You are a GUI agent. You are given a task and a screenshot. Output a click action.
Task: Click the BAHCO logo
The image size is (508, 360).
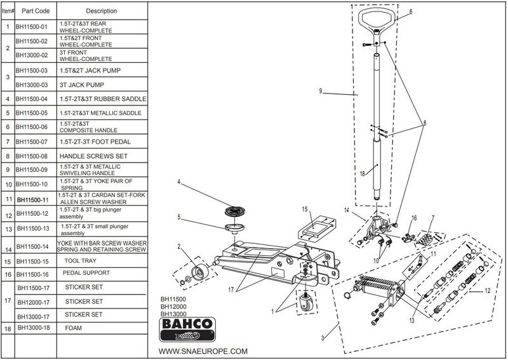[187, 330]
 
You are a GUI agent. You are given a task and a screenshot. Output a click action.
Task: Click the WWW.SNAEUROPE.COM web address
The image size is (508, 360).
[203, 351]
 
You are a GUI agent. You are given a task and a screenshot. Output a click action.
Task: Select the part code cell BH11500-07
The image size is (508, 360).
[32, 142]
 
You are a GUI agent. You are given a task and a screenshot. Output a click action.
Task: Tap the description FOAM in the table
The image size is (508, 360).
[74, 328]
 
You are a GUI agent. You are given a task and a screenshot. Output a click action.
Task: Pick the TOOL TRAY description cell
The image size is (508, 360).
[81, 260]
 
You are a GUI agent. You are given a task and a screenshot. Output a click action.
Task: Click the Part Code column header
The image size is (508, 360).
[36, 11]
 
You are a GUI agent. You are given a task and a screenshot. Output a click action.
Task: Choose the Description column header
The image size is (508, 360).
[102, 11]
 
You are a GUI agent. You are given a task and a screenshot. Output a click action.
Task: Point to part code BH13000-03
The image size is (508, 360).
[32, 85]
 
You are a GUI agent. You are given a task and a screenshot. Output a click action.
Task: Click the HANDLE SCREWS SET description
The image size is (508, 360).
[93, 156]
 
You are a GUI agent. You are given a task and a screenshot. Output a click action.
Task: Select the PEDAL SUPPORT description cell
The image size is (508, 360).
[86, 273]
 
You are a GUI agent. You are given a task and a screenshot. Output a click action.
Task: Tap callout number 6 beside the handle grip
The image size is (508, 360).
[411, 12]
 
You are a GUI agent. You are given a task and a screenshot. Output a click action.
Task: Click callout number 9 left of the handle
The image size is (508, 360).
[321, 91]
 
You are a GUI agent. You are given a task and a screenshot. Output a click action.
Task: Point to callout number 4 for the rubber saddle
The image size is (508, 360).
[179, 182]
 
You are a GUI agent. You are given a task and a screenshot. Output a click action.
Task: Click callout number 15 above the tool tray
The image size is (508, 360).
[305, 209]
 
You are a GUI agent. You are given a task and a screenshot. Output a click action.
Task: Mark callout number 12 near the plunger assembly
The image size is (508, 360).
[488, 291]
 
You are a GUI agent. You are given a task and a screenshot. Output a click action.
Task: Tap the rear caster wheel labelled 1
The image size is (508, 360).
[305, 303]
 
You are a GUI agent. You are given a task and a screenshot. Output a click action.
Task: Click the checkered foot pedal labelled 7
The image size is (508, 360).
[425, 239]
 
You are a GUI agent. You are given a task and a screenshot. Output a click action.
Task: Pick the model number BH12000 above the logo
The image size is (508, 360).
[173, 306]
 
